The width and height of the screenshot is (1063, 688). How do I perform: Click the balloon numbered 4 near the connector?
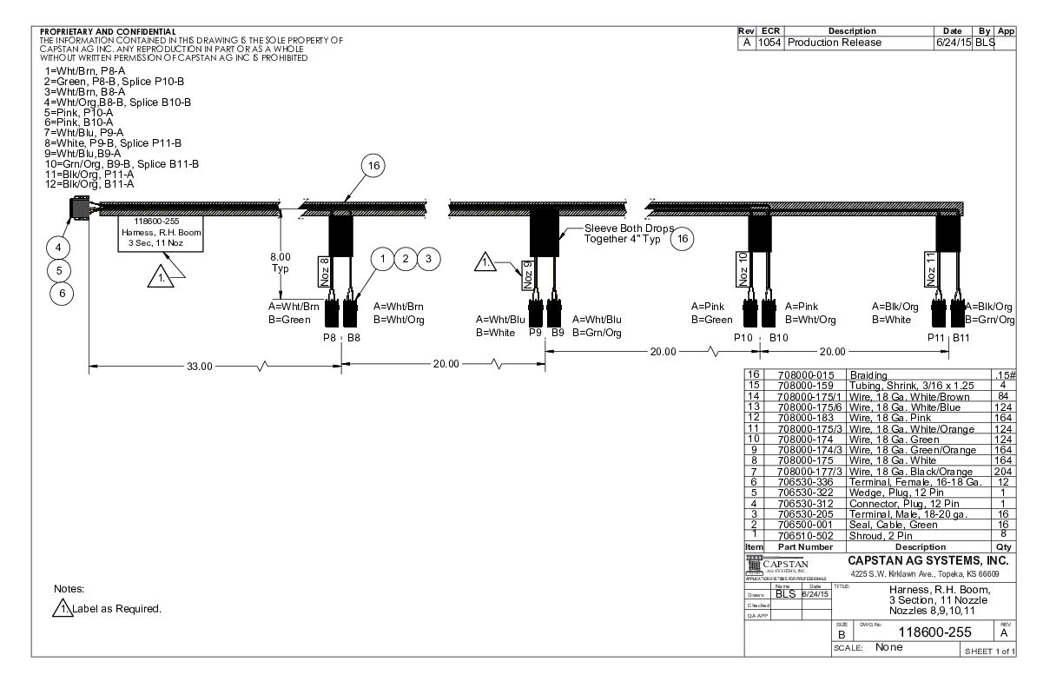click(59, 248)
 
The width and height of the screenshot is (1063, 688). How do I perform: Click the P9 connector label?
click(536, 332)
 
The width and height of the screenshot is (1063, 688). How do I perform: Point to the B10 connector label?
click(779, 337)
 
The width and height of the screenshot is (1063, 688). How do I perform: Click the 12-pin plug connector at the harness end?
click(79, 209)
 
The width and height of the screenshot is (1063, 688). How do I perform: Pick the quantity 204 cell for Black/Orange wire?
click(1003, 472)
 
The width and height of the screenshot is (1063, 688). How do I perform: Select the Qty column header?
click(1003, 547)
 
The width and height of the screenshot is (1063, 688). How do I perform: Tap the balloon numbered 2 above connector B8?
click(404, 258)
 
